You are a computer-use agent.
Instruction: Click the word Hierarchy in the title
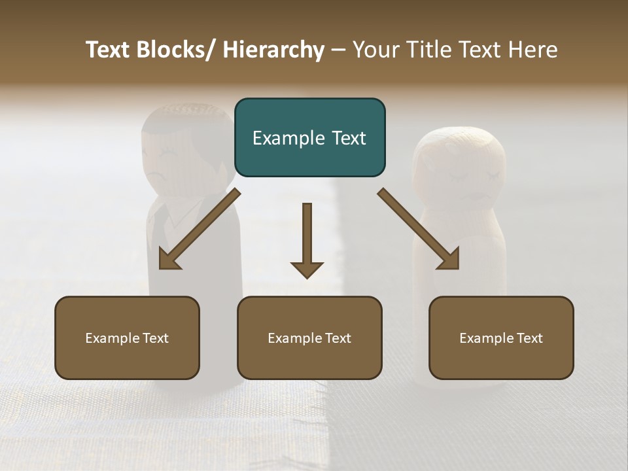[273, 50]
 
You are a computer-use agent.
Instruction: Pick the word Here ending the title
[534, 50]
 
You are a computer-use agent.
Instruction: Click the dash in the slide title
[338, 50]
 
